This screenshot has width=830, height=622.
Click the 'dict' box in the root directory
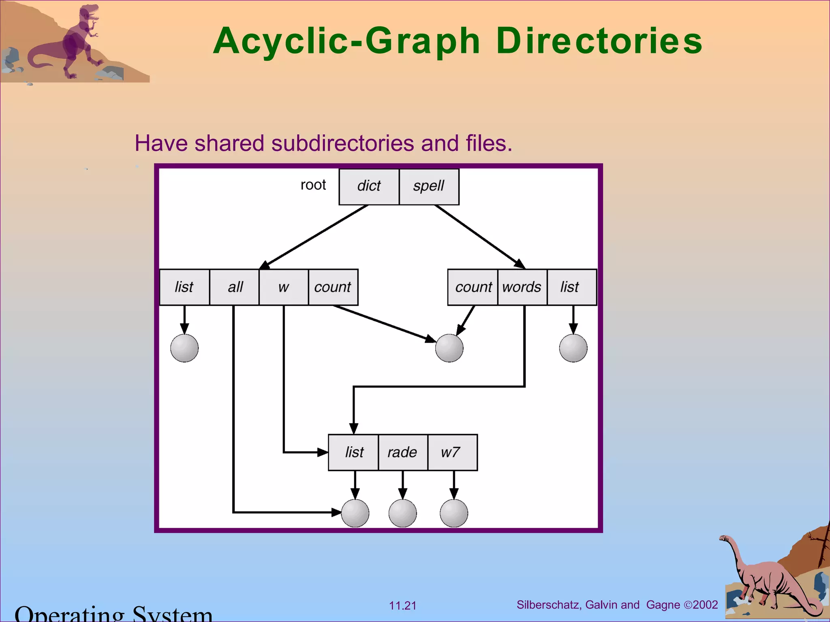pos(369,187)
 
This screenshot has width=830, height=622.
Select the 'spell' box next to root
pos(429,187)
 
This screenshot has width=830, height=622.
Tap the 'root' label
pos(313,185)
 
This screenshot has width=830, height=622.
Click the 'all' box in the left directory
pos(234,287)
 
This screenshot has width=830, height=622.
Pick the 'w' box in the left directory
pos(284,287)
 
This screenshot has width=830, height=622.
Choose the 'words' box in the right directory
pos(522,287)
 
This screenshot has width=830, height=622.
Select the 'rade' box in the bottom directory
pos(402,452)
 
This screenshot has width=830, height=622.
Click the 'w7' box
pos(452,452)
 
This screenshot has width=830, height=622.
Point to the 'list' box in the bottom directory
pos(353,452)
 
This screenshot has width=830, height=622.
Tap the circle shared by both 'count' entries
pos(449,348)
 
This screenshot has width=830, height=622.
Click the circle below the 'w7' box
pos(454,513)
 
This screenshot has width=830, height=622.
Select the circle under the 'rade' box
pos(402,513)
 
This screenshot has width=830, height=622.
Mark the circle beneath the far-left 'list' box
pos(184,348)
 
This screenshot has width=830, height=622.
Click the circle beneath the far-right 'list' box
pos(573,348)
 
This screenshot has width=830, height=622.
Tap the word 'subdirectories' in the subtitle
pos(343,143)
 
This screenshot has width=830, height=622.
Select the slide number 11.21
pos(402,606)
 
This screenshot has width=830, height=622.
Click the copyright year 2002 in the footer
pos(706,605)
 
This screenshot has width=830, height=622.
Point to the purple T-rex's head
pos(89,12)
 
